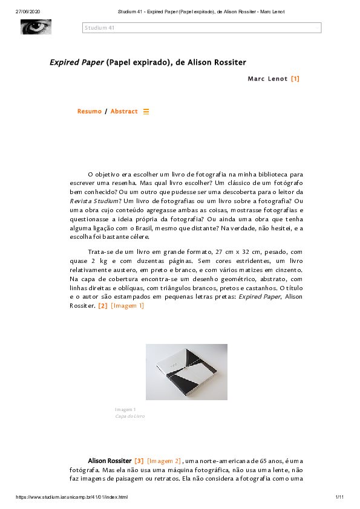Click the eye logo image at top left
point(36,27)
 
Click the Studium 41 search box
point(201,28)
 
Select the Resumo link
point(90,112)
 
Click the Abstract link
point(124,112)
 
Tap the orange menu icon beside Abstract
point(146,112)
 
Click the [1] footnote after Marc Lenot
point(295,79)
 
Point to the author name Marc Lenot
point(267,79)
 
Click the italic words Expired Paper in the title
point(76,62)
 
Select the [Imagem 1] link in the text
point(128,306)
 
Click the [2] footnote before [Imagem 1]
point(103,306)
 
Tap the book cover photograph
point(186,372)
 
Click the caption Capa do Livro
point(130,417)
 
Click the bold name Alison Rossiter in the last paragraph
point(110,461)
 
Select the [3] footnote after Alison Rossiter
point(139,461)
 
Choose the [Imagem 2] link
point(164,461)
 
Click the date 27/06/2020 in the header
point(27,11)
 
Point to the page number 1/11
point(339,497)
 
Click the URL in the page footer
point(71,497)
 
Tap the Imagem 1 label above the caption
point(126,410)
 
